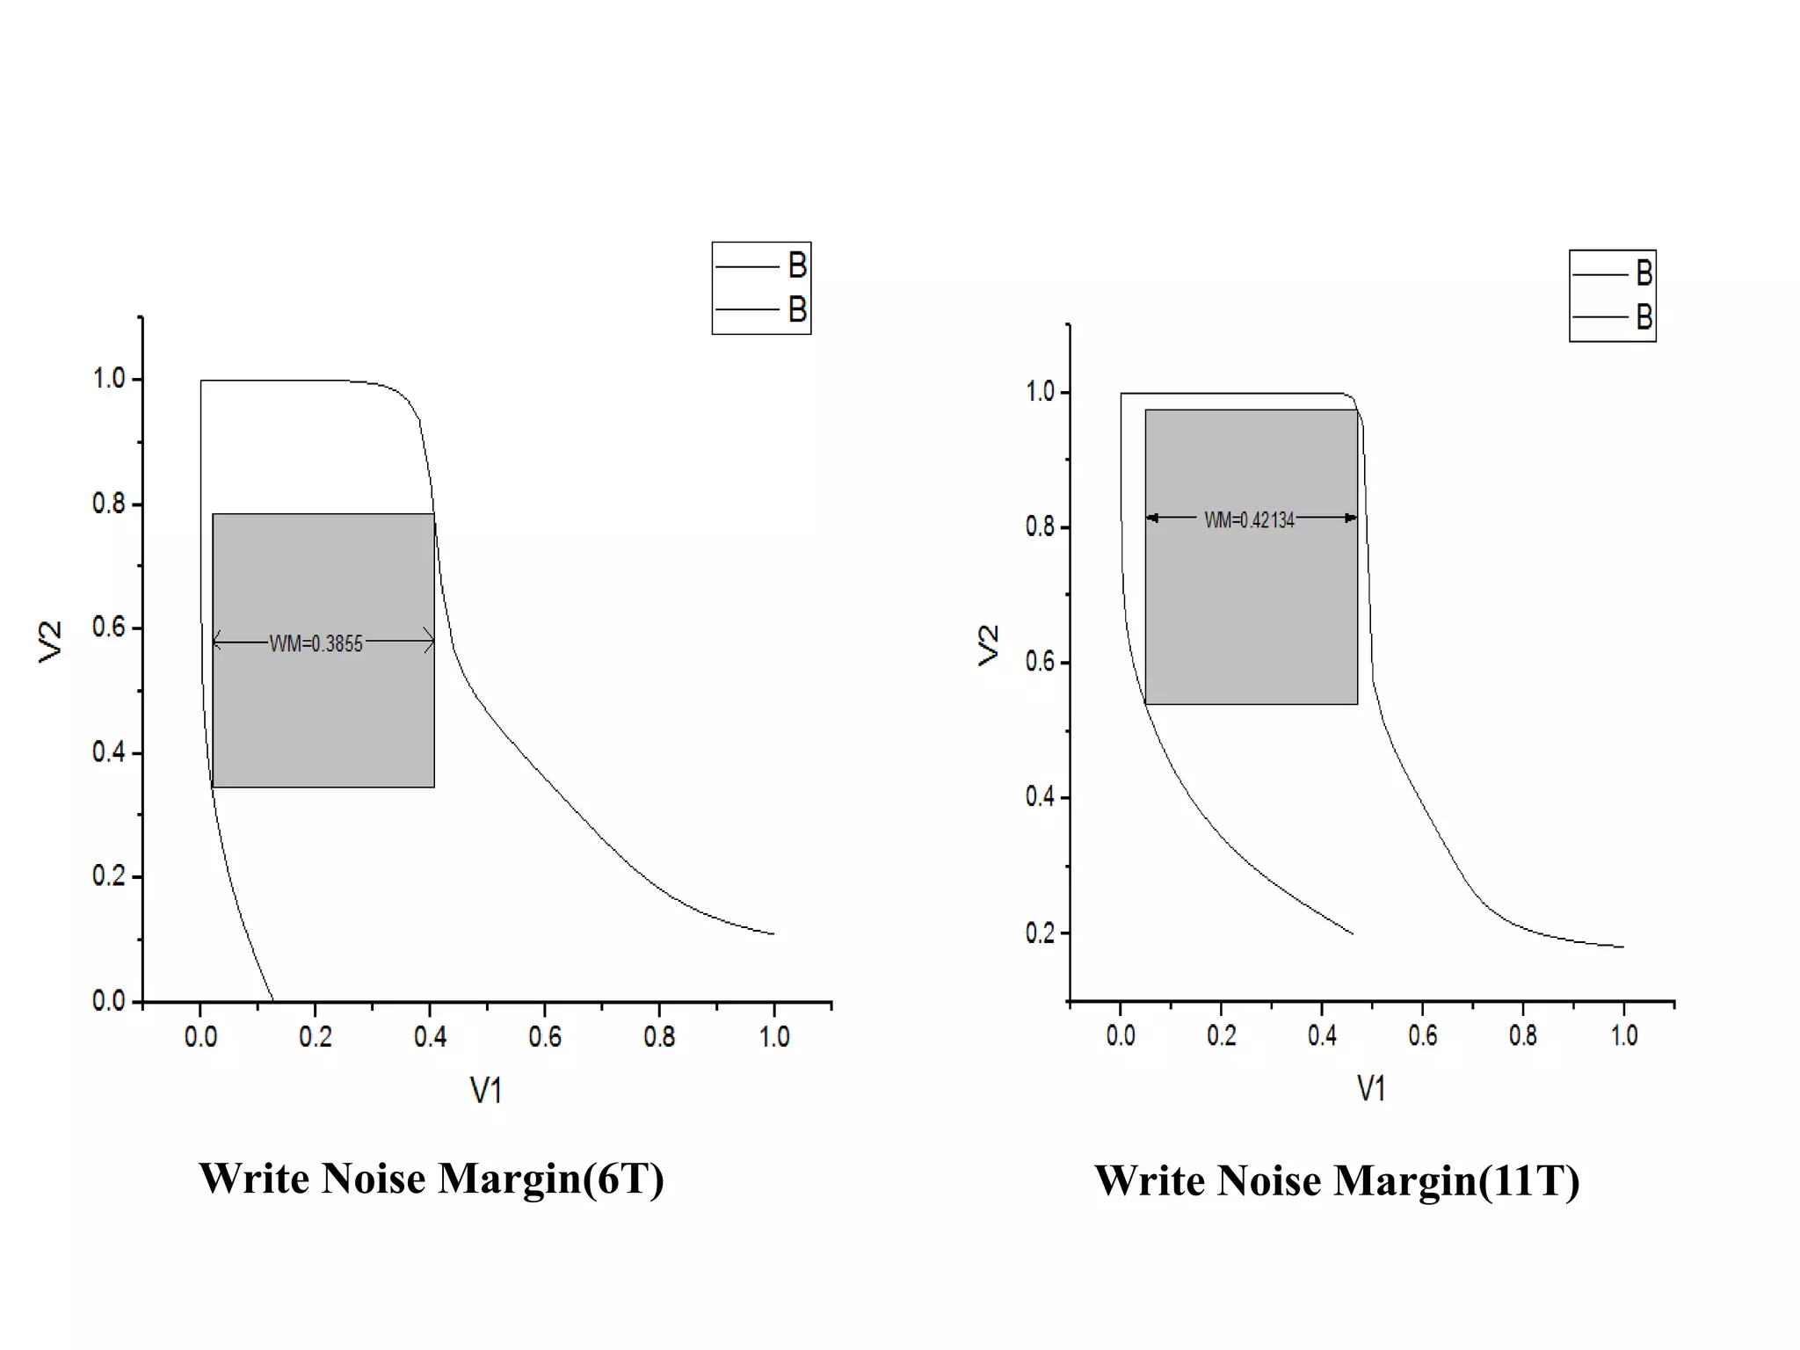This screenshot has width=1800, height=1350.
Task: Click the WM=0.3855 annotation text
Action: click(x=316, y=644)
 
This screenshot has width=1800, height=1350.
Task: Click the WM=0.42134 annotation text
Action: click(x=1249, y=520)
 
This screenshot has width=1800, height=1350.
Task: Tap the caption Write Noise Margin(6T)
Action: click(x=431, y=1179)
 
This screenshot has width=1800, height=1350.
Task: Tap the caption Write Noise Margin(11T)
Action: click(x=1336, y=1180)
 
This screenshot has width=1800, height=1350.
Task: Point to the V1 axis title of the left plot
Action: click(x=486, y=1091)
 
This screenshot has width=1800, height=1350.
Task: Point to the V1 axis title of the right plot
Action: click(x=1371, y=1089)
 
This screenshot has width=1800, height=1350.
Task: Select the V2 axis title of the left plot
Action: click(x=51, y=641)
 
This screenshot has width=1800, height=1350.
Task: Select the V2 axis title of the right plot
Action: click(x=990, y=645)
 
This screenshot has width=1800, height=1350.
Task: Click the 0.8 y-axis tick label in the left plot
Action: click(x=109, y=504)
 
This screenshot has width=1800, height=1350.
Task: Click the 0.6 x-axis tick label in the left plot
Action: click(x=545, y=1037)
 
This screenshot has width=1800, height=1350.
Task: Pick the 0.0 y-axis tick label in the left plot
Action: click(x=109, y=1001)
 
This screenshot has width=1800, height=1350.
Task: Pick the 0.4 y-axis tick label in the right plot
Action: click(x=1040, y=797)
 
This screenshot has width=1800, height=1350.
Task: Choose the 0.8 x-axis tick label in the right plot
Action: click(x=1523, y=1035)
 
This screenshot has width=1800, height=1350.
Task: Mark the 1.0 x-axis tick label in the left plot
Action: click(x=774, y=1037)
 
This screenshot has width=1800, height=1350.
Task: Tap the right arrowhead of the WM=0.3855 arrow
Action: click(x=429, y=642)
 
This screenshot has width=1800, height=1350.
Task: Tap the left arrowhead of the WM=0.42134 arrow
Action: click(x=1152, y=518)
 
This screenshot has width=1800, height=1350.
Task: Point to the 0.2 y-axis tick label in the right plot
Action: click(x=1040, y=933)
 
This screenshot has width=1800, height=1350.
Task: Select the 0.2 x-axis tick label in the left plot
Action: click(x=316, y=1037)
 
